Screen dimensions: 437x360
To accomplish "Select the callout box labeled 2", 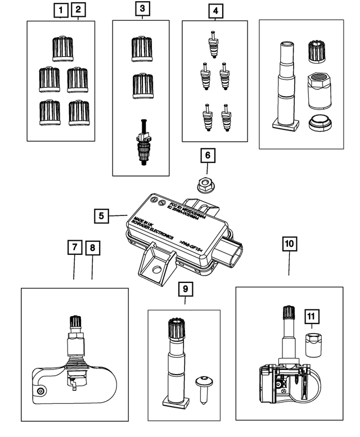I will [78, 10].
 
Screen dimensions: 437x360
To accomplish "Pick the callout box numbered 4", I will [214, 10].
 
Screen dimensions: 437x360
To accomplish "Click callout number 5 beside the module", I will [101, 215].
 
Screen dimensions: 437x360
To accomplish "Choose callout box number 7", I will [74, 247].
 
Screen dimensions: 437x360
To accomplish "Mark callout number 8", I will [92, 247].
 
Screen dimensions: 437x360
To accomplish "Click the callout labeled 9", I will [185, 289].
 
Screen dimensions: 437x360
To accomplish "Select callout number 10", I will [289, 244].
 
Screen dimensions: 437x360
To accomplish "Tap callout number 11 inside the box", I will [310, 317].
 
